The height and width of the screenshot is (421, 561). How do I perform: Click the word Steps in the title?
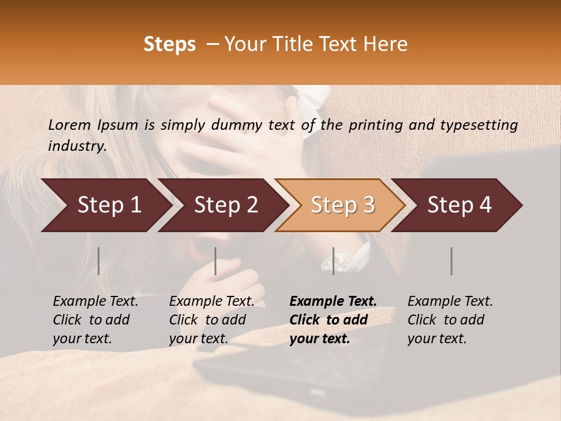tap(169, 44)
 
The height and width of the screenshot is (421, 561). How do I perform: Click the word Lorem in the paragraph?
tap(69, 125)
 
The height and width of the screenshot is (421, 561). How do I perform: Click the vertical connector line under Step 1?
tap(99, 261)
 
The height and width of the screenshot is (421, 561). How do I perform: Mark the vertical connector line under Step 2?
tap(216, 261)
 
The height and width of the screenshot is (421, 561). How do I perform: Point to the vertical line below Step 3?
tap(333, 261)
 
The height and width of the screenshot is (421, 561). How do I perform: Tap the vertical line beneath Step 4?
tap(451, 261)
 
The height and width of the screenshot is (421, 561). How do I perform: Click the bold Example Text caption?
tap(333, 320)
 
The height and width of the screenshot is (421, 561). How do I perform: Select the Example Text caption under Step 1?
tap(95, 320)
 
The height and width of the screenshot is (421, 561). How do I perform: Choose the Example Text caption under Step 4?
tap(450, 320)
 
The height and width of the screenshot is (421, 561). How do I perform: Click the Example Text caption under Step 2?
tap(212, 320)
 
